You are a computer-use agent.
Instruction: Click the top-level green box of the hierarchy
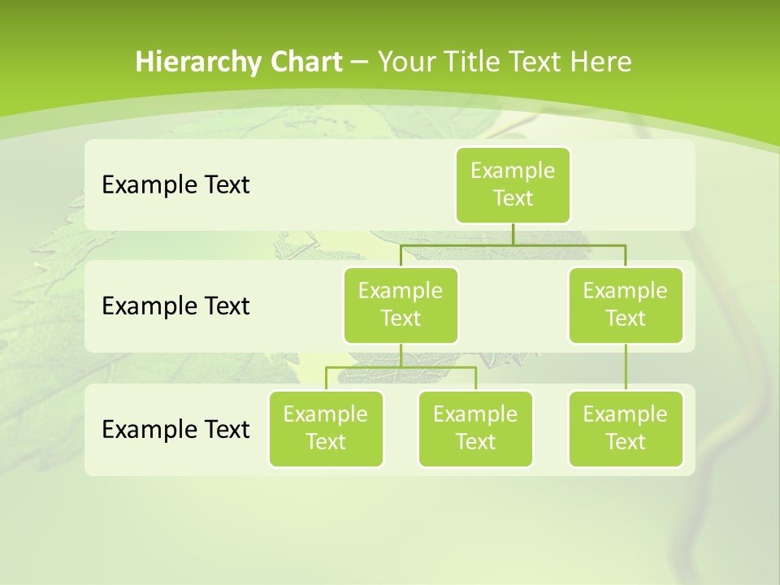(x=513, y=184)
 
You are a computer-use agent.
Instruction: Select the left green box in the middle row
(x=401, y=305)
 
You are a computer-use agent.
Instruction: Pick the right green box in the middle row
(x=626, y=305)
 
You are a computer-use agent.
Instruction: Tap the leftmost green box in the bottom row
(x=326, y=428)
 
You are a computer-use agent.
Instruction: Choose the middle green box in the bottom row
(x=475, y=428)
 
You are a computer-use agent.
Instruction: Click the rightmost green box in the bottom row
(x=626, y=428)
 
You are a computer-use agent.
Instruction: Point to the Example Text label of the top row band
(x=175, y=184)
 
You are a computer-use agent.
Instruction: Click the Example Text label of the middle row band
(x=175, y=305)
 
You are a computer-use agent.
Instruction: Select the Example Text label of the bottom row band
(x=175, y=429)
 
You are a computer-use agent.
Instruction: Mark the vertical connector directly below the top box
(x=513, y=234)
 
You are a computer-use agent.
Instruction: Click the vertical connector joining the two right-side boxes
(x=626, y=367)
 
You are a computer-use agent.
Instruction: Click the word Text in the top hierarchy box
(x=513, y=198)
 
